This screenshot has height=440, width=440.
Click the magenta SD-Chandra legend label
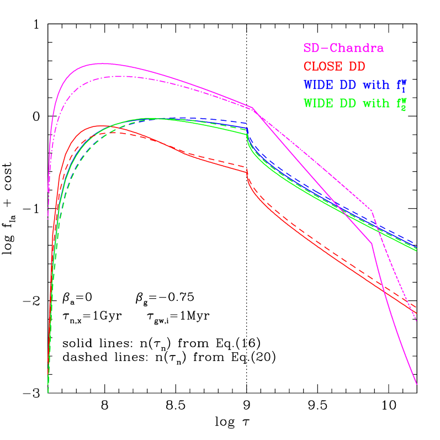point(343,49)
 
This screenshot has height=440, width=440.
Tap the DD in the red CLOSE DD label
point(357,67)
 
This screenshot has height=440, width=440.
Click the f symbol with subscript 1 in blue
point(402,86)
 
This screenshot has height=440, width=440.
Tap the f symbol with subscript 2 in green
point(402,104)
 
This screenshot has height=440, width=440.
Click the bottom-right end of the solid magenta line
point(417,384)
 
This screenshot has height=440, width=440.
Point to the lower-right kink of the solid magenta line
point(373,243)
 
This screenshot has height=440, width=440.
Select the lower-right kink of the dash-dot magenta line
point(372,210)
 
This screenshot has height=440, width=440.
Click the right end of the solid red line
point(416,314)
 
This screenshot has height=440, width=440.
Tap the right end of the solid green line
point(416,251)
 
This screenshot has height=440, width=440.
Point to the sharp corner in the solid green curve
point(247,134)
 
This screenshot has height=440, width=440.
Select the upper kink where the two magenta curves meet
point(252,108)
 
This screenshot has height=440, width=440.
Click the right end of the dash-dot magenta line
point(416,321)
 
